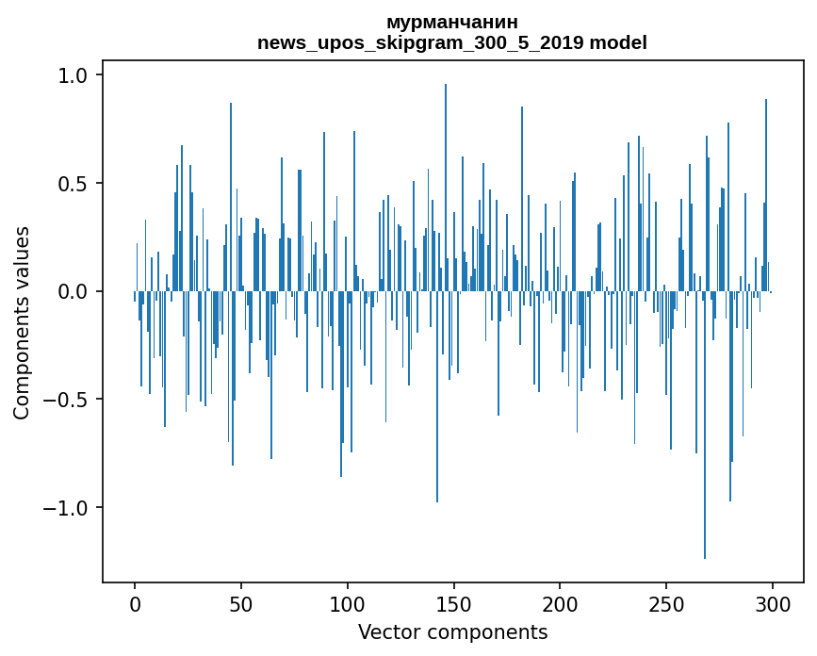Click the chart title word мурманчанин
point(452,22)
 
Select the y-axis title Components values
point(22,322)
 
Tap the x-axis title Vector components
point(452,631)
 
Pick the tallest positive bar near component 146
point(446,189)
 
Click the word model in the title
point(618,42)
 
